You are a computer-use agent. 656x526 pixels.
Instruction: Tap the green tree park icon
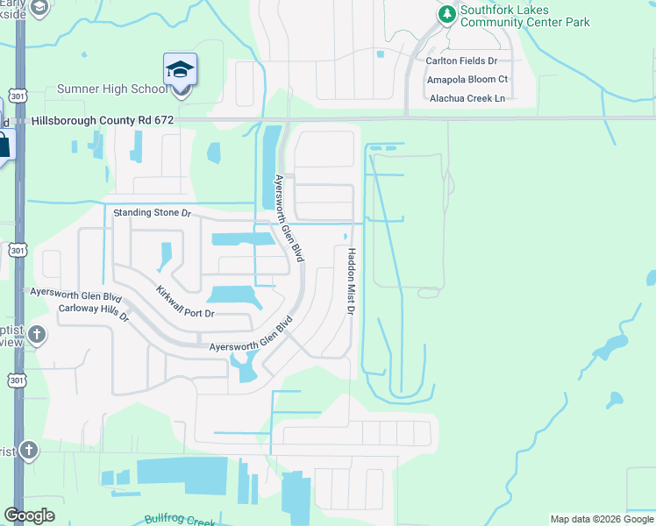[447, 14]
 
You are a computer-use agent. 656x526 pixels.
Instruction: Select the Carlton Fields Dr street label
[461, 61]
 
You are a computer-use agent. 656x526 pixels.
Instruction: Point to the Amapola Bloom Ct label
[467, 80]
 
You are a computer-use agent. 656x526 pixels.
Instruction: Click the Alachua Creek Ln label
[467, 98]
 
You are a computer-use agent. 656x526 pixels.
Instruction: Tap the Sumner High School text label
[111, 89]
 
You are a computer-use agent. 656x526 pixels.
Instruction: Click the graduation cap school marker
[180, 70]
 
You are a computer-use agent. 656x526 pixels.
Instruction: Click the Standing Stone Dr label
[152, 213]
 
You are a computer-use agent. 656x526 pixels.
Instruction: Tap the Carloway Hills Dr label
[94, 311]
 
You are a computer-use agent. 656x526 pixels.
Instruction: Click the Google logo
[29, 515]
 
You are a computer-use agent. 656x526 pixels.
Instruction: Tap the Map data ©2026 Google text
[601, 519]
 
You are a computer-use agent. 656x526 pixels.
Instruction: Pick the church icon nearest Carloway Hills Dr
[36, 334]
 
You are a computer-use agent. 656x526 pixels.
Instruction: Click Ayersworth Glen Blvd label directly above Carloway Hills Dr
[75, 295]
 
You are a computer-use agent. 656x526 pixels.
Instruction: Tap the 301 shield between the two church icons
[17, 380]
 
